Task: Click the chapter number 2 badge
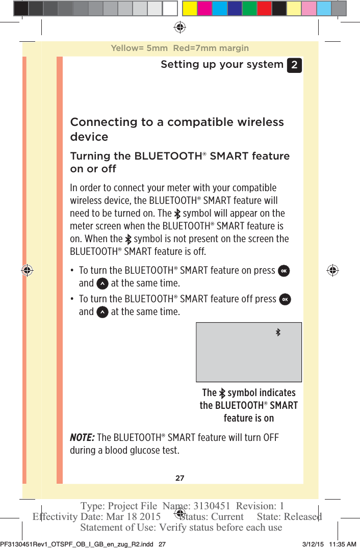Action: (294, 65)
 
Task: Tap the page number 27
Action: (180, 478)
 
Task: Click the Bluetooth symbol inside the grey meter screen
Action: (278, 332)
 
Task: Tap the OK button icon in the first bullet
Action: (284, 271)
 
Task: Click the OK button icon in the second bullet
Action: (285, 299)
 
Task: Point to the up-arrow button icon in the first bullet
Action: (102, 283)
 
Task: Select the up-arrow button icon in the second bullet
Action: (102, 312)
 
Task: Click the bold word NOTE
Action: (82, 438)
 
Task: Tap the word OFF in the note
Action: (270, 438)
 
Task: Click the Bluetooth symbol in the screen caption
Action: (222, 393)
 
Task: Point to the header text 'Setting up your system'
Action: (222, 64)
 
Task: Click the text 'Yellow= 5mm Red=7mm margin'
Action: (179, 48)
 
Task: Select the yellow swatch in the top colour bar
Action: (190, 8)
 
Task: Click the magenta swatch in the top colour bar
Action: (205, 8)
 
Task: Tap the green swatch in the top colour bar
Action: (249, 8)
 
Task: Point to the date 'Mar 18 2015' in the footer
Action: (133, 516)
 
